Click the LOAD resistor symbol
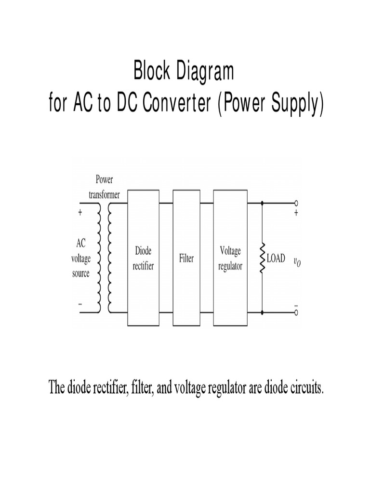coord(263,259)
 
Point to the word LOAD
coord(276,259)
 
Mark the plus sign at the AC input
coord(80,211)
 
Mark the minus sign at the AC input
coord(80,304)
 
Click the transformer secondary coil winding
coord(110,258)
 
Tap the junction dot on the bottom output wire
coord(263,313)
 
